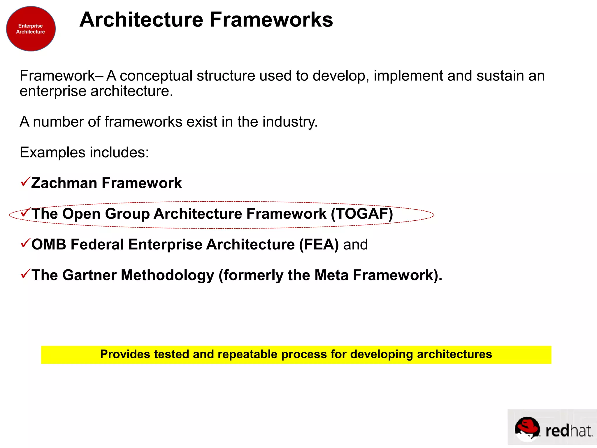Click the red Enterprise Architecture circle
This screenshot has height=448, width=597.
(31, 29)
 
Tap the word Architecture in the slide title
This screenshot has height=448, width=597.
(141, 20)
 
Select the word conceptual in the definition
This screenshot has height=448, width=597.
(156, 76)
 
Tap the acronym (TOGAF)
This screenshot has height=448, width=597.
(362, 214)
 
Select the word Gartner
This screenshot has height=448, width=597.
(89, 275)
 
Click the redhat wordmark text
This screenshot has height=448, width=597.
(568, 431)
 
